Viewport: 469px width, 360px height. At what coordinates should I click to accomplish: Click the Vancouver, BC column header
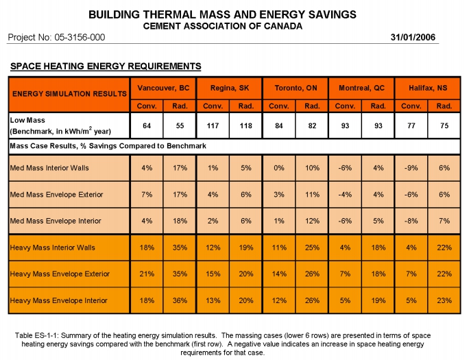click(x=163, y=88)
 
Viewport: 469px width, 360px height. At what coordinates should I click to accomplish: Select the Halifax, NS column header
click(x=428, y=88)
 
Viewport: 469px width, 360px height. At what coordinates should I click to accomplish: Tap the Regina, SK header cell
click(x=230, y=88)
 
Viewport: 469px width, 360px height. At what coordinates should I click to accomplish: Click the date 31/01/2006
click(x=413, y=37)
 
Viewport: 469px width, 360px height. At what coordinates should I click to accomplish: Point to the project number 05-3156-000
click(x=80, y=38)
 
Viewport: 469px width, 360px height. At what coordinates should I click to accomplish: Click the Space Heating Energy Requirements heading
click(x=106, y=66)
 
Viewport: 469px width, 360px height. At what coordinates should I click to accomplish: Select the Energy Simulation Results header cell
click(x=69, y=94)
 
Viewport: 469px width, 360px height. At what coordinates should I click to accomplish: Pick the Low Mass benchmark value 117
click(x=213, y=126)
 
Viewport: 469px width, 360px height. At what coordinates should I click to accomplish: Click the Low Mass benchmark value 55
click(x=180, y=126)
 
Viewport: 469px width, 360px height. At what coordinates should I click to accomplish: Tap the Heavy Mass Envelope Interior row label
click(x=59, y=300)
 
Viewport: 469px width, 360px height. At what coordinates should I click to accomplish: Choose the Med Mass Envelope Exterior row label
click(x=56, y=195)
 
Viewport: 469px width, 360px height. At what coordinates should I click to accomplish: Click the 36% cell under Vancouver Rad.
click(x=180, y=300)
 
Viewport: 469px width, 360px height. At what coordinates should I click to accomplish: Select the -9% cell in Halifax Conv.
click(x=411, y=168)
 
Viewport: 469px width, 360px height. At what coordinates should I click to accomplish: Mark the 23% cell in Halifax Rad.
click(x=444, y=300)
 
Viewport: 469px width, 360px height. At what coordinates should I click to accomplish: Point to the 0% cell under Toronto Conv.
click(x=279, y=168)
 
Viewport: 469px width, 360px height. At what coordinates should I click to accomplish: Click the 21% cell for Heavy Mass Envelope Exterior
click(x=147, y=274)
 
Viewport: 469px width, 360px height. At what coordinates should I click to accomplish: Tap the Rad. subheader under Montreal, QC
click(x=378, y=106)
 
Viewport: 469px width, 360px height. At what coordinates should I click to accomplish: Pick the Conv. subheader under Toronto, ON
click(x=279, y=106)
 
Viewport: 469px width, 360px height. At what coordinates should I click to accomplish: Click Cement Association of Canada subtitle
click(x=223, y=26)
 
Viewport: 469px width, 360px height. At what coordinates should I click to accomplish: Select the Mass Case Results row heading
click(x=108, y=146)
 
